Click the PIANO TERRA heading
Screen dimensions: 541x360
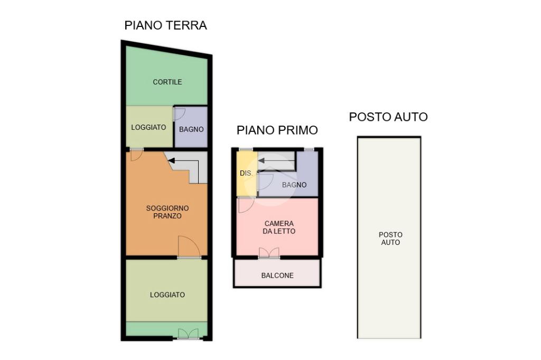pos(165,25)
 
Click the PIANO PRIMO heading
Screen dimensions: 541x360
pos(277,130)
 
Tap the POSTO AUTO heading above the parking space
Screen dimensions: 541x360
pos(388,117)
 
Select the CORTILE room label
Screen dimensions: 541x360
pos(167,82)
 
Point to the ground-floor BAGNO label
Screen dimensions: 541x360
pos(191,129)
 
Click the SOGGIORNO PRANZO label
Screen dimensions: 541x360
pos(167,212)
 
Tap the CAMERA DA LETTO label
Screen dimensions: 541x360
pos(279,228)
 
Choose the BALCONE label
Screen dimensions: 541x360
pos(277,276)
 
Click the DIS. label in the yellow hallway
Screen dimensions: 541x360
pos(246,173)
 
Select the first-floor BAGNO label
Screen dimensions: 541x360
pos(294,185)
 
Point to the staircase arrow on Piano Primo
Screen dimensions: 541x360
pos(276,160)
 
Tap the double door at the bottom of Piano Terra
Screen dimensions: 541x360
pos(189,334)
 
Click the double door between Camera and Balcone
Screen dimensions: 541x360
pos(269,253)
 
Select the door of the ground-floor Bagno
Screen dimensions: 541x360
pos(179,114)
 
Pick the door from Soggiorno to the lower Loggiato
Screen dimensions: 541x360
pos(189,247)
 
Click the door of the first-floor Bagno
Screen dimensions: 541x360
pos(265,182)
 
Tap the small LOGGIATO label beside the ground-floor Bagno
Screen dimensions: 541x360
pos(148,127)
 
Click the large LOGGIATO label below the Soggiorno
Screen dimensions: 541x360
pos(167,295)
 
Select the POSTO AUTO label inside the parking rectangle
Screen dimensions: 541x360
pos(390,239)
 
